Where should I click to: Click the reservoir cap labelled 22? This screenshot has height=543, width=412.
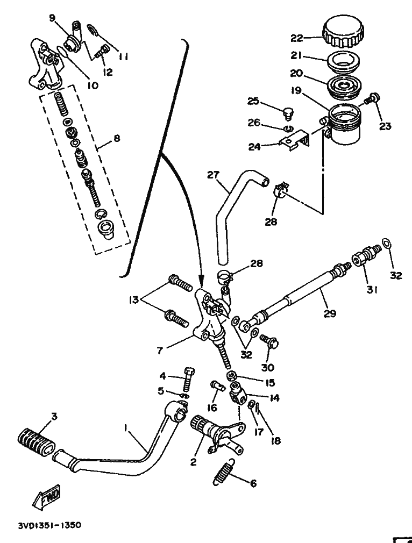[x=343, y=32]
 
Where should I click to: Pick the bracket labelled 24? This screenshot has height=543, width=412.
[x=294, y=141]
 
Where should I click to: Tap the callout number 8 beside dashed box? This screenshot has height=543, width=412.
[x=117, y=139]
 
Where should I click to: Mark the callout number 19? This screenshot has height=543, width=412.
[x=296, y=91]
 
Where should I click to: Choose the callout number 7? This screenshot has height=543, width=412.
[x=160, y=351]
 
